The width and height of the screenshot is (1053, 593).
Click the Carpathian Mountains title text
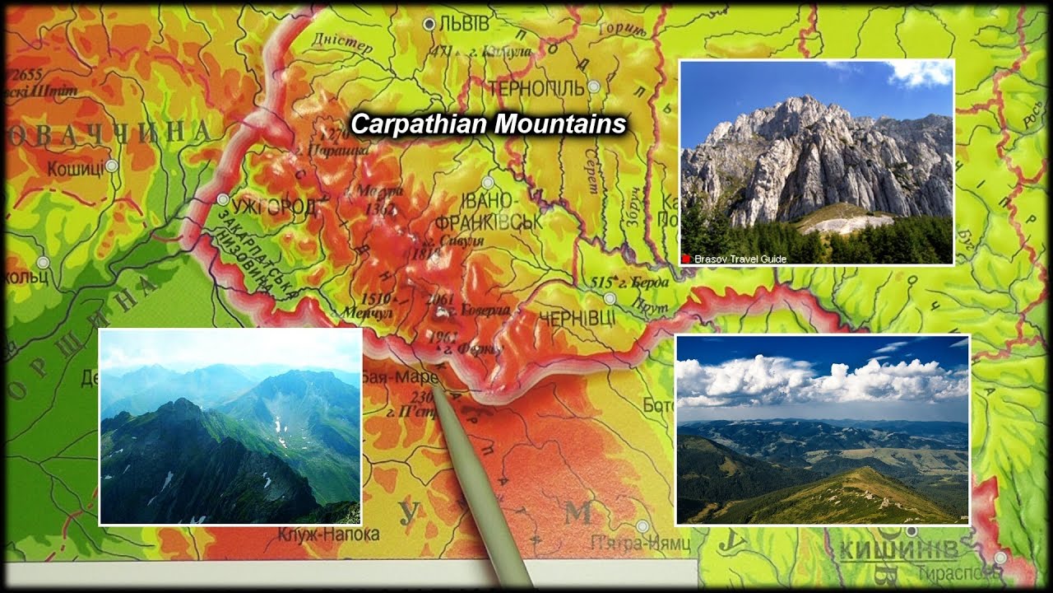tap(489, 124)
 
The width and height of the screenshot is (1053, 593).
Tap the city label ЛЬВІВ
tap(464, 25)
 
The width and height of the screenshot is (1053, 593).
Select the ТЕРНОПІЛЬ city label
tap(536, 87)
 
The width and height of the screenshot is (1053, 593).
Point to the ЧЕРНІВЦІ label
tap(577, 318)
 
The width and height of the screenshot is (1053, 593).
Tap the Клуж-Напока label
tap(328, 535)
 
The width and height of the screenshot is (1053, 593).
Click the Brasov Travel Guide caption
tap(740, 259)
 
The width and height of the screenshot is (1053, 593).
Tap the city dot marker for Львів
tap(429, 25)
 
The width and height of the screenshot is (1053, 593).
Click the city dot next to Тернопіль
tap(593, 86)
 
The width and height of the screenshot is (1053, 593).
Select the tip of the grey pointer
tap(436, 386)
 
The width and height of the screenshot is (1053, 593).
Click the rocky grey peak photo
tap(817, 161)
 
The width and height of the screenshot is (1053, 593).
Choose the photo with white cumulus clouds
tap(823, 429)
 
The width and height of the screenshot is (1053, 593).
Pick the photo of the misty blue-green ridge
tap(230, 427)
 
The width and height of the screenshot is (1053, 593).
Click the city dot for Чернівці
tap(610, 298)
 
